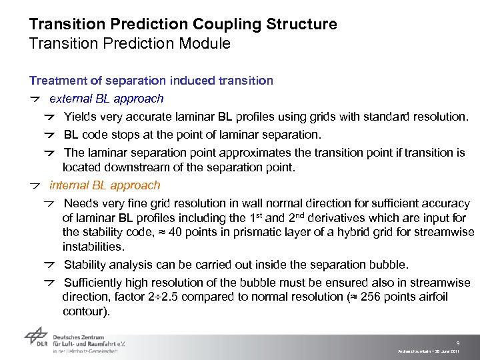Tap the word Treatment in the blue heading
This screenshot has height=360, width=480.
pyautogui.click(x=57, y=81)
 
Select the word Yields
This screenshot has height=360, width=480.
pyautogui.click(x=79, y=117)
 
